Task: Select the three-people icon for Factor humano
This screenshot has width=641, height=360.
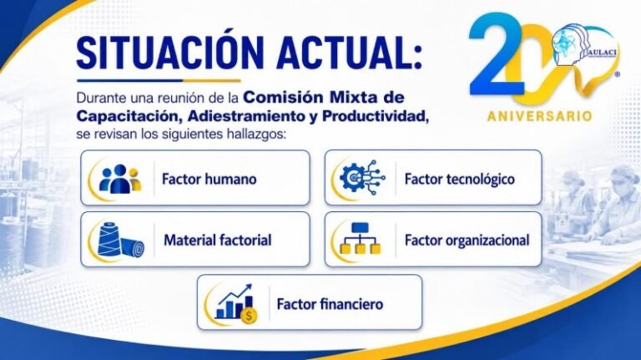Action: [x=120, y=179]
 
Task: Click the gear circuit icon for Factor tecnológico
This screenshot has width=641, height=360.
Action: [x=362, y=178]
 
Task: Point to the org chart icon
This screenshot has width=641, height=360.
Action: [x=361, y=239]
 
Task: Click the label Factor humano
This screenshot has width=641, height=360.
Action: [x=209, y=179]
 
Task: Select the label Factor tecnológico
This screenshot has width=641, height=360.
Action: [x=460, y=179]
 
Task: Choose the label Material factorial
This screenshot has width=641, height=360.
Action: [x=218, y=240]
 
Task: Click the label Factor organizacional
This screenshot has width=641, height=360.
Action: [x=467, y=240]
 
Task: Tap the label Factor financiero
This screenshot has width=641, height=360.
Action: [x=330, y=304]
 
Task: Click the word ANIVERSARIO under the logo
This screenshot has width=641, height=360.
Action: [x=540, y=116]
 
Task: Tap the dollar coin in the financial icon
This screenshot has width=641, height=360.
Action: [x=250, y=317]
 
